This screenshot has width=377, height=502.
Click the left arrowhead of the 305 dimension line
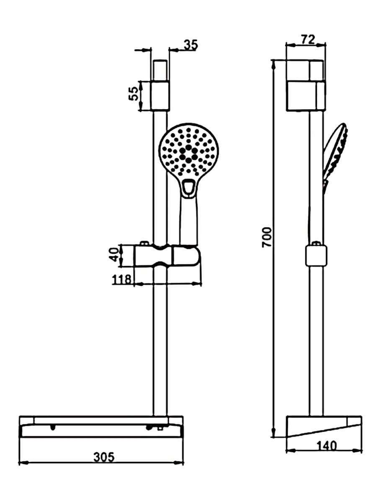[24, 462]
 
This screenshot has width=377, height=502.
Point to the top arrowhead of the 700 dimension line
[274, 65]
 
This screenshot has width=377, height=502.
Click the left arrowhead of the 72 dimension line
[291, 45]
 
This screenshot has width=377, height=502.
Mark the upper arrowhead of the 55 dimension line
[141, 86]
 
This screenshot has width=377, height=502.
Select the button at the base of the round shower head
[188, 187]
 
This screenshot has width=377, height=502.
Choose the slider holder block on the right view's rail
[316, 256]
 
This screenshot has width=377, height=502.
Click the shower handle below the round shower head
[188, 221]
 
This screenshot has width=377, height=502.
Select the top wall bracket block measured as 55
[160, 96]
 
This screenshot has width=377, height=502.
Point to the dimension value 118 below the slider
[121, 279]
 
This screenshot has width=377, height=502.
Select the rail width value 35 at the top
[191, 45]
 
